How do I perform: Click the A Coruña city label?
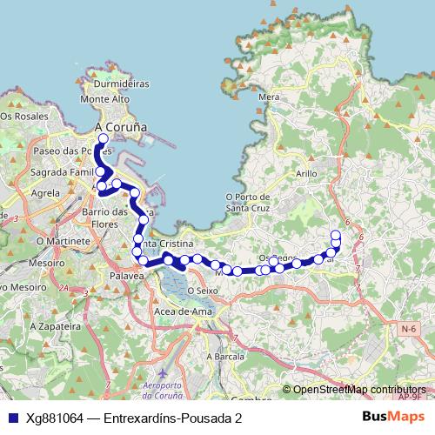click(120, 127)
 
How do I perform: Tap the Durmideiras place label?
click(123, 85)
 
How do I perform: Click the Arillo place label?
click(306, 174)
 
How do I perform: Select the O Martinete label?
click(63, 239)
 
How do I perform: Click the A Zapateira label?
click(50, 325)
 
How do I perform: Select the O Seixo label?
click(200, 290)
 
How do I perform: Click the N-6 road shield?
click(408, 328)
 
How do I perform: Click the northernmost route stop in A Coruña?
click(104, 138)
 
